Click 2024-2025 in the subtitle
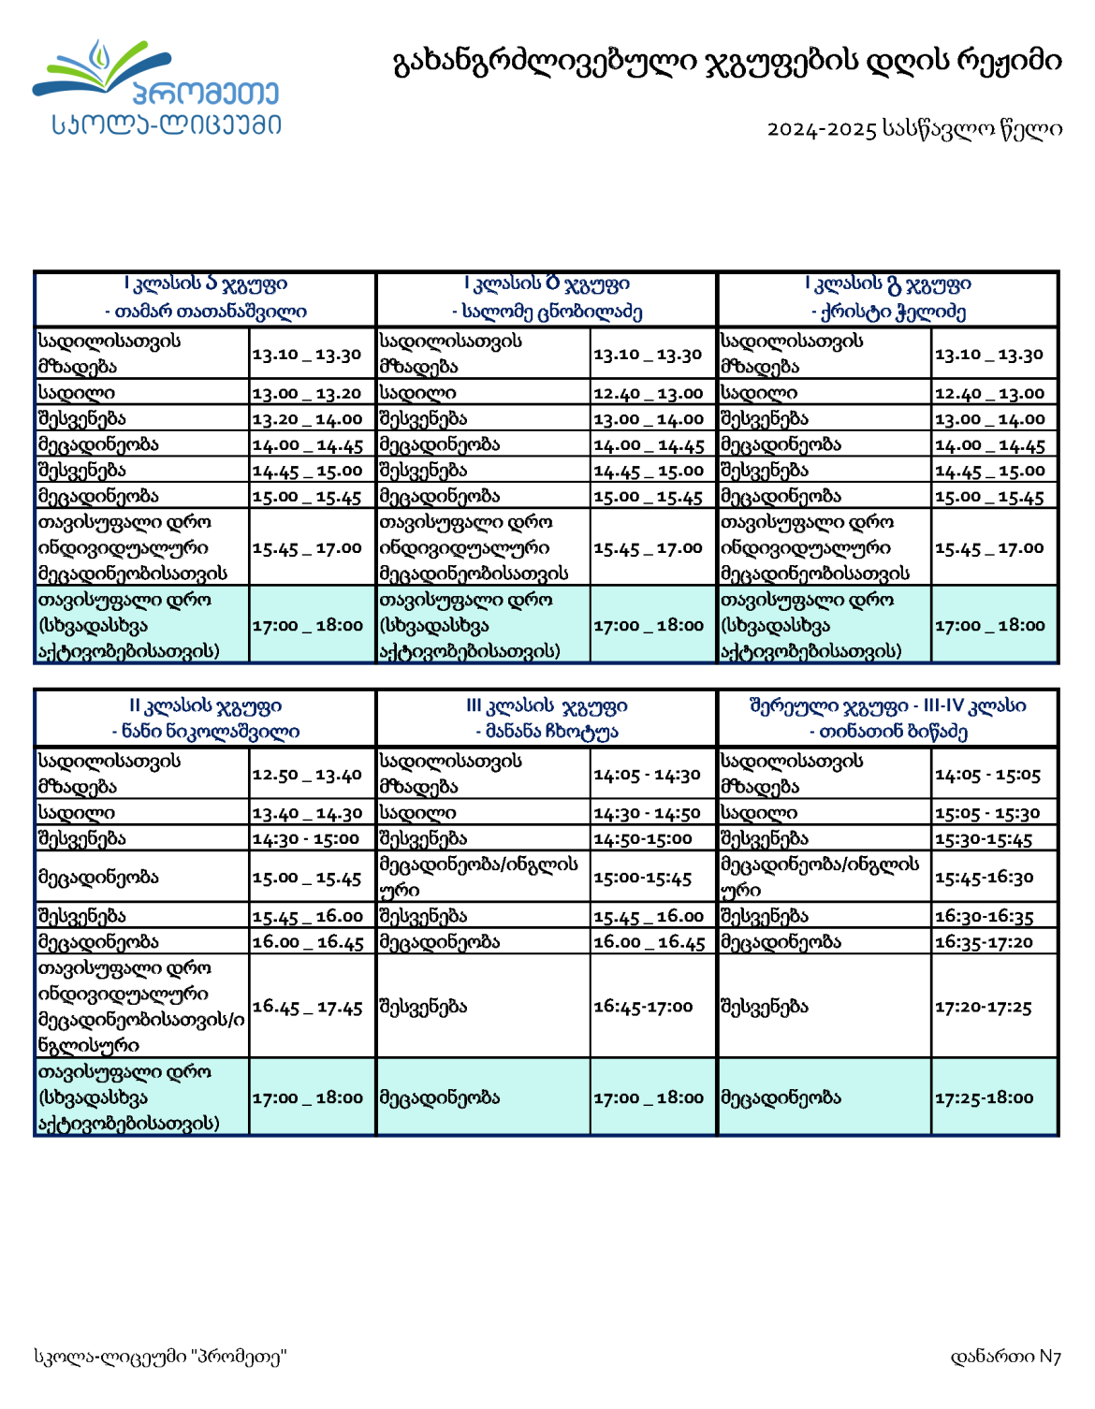pyautogui.click(x=821, y=129)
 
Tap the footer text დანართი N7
pyautogui.click(x=1005, y=1356)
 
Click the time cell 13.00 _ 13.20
pyautogui.click(x=306, y=394)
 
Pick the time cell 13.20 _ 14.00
pyautogui.click(x=306, y=419)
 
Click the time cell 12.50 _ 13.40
pyautogui.click(x=306, y=775)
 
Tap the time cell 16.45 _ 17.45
pyautogui.click(x=306, y=1007)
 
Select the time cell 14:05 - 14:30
pyautogui.click(x=647, y=775)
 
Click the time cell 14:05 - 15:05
pyautogui.click(x=987, y=775)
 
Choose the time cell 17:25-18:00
pyautogui.click(x=984, y=1097)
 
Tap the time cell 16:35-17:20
pyautogui.click(x=984, y=942)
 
